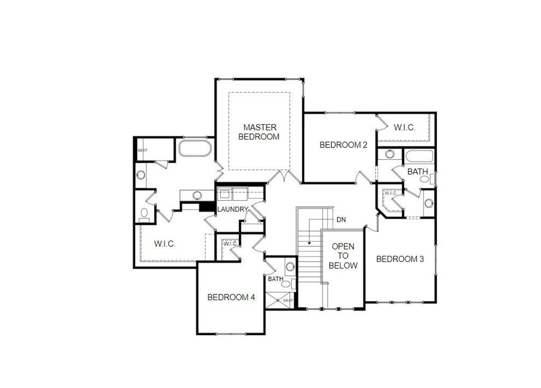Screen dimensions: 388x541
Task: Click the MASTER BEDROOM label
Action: point(259,132)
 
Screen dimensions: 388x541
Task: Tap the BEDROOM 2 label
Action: point(343,145)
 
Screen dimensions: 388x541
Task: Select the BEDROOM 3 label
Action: point(400,259)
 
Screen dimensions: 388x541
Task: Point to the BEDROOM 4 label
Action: point(231,297)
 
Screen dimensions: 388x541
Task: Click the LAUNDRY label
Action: point(232,209)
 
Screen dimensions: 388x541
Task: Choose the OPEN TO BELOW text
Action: point(343,256)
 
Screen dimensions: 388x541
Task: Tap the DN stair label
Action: point(340,219)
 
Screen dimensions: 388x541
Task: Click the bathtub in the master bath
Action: point(195,148)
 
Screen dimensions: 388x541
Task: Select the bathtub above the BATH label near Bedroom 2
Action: point(419,156)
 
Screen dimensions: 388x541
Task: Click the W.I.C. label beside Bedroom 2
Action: point(404,127)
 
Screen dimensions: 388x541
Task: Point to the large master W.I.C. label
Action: point(165,244)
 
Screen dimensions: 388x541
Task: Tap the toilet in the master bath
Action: point(144,214)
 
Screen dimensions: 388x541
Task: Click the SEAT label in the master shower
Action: point(143,150)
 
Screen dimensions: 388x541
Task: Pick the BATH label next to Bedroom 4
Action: point(275,279)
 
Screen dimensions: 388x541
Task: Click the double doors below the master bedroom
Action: point(286,177)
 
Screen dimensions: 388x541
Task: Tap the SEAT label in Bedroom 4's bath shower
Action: point(288,300)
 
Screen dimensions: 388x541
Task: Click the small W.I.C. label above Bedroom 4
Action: point(230,244)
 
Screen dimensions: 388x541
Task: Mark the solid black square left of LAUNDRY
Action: point(206,207)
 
